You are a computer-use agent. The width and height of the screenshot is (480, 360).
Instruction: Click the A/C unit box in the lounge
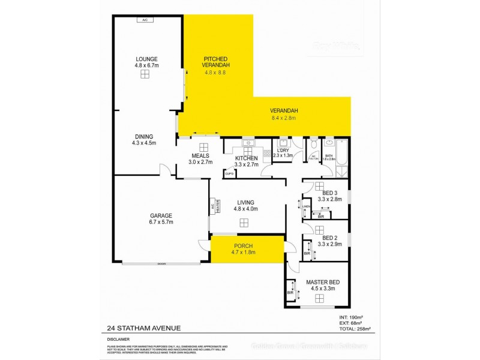click(145, 20)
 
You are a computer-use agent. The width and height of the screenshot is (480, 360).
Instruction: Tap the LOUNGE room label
click(146, 59)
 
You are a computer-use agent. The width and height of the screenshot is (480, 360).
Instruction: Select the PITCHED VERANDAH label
click(217, 62)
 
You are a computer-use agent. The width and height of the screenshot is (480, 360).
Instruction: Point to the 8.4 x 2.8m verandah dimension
click(284, 118)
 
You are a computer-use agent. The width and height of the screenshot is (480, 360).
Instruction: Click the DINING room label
click(144, 136)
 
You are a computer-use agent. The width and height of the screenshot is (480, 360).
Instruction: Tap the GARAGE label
click(144, 215)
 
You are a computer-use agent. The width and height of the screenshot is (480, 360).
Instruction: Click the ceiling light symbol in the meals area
click(203, 147)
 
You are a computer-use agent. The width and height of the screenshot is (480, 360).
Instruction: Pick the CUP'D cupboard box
click(229, 173)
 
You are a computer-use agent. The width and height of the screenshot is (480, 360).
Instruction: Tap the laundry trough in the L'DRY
click(281, 143)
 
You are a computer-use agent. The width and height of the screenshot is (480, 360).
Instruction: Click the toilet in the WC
click(313, 145)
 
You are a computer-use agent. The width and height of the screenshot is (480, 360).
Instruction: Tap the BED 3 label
click(329, 193)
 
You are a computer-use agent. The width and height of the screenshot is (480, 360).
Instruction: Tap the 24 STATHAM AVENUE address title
click(142, 328)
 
